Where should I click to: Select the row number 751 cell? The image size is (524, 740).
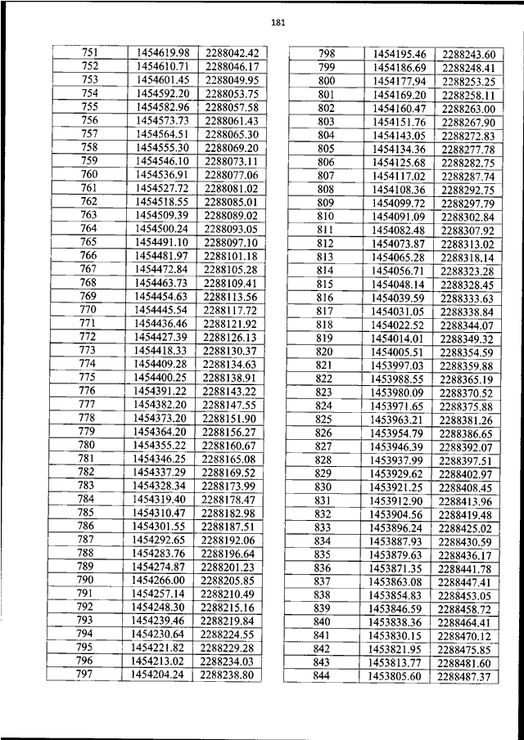pyautogui.click(x=90, y=52)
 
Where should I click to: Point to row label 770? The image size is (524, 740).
pyautogui.click(x=88, y=310)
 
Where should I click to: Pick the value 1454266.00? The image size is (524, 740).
pyautogui.click(x=160, y=580)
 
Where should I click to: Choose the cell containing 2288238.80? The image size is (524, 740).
pyautogui.click(x=230, y=675)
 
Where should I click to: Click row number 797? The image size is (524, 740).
pyautogui.click(x=85, y=675)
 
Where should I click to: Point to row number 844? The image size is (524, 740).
pyautogui.click(x=321, y=676)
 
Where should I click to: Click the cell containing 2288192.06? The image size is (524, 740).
pyautogui.click(x=230, y=540)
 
